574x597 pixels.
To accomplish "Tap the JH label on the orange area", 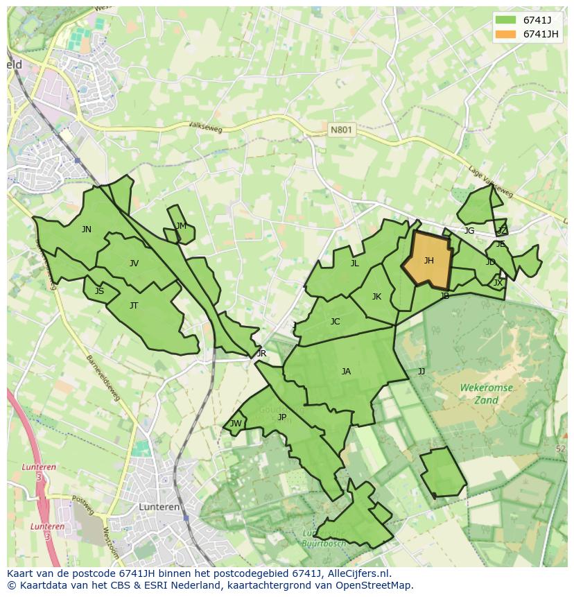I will (428, 261).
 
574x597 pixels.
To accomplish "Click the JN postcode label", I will (86, 230).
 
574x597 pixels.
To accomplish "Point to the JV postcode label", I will (134, 263).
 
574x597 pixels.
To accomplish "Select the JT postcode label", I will (134, 305).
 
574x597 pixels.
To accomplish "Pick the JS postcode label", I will (99, 291).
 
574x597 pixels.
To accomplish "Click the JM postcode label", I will (181, 226).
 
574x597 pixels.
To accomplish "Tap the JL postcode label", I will (354, 263).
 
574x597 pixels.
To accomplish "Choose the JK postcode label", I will (376, 297).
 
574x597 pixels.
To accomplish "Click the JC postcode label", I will (335, 321).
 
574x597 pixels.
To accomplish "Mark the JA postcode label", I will (346, 372).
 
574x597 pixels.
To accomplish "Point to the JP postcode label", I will (281, 417).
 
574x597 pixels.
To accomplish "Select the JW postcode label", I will (236, 424).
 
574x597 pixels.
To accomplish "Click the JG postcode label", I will (469, 231).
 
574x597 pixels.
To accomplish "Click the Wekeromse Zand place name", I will (486, 394).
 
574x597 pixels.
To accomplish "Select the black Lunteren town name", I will (159, 507).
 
